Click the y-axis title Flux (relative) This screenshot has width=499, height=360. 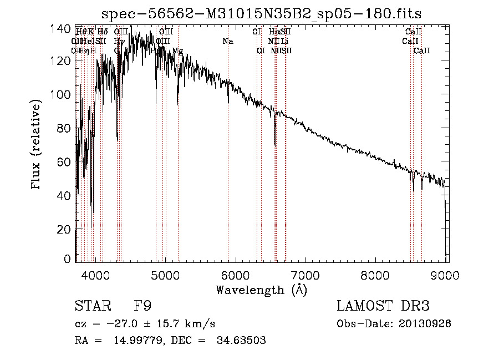click(37, 145)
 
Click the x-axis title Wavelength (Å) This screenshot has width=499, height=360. click(261, 290)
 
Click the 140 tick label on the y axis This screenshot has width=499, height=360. click(64, 28)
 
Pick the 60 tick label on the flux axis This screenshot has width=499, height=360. click(67, 162)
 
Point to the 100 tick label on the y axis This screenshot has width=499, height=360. click(64, 95)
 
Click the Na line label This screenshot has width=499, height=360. click(228, 42)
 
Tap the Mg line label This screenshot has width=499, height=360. click(177, 51)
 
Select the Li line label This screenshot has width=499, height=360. click(284, 42)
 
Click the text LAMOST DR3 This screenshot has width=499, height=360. click(383, 306)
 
